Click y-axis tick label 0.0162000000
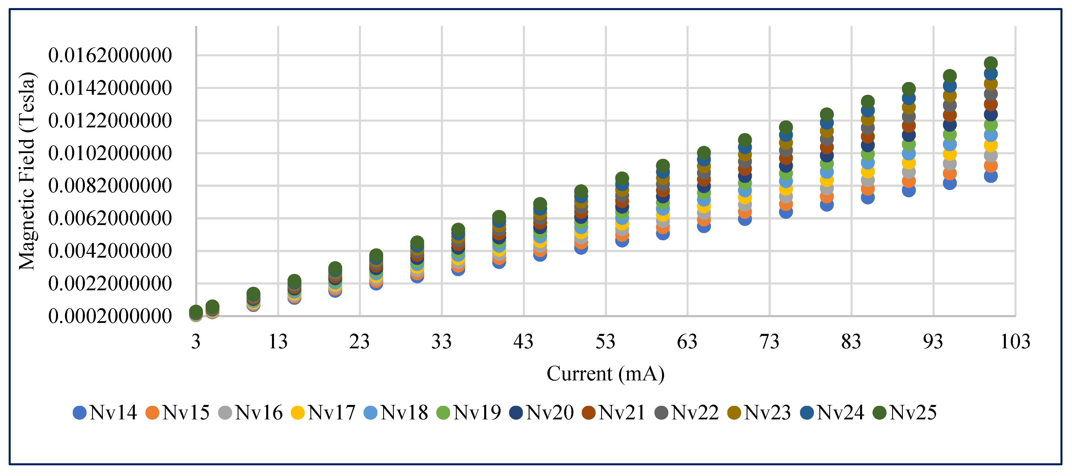point(110,55)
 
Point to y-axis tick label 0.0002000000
point(110,316)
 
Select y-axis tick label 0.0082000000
point(110,186)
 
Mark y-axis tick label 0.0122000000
point(110,121)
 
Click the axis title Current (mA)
point(605,373)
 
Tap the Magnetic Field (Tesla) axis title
point(27,171)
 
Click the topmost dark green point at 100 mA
point(991,63)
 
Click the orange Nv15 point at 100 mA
point(991,166)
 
